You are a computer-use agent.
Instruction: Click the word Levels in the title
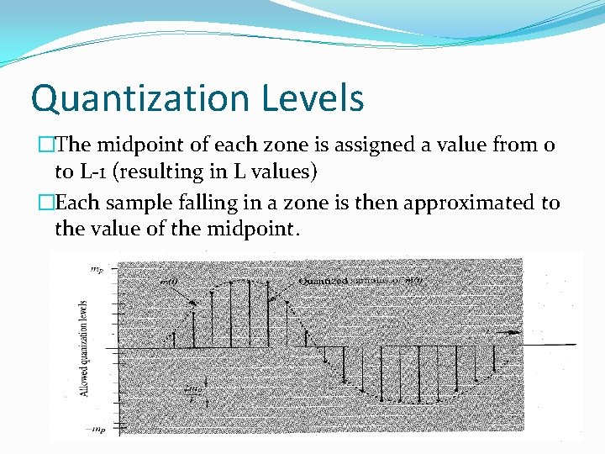click(317, 98)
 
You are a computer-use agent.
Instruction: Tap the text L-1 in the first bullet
click(92, 172)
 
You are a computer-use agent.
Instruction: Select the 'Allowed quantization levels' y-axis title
click(85, 348)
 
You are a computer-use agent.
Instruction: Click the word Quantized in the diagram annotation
click(324, 281)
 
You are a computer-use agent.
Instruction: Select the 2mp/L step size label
click(192, 390)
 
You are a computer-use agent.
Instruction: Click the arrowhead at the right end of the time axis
click(513, 332)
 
